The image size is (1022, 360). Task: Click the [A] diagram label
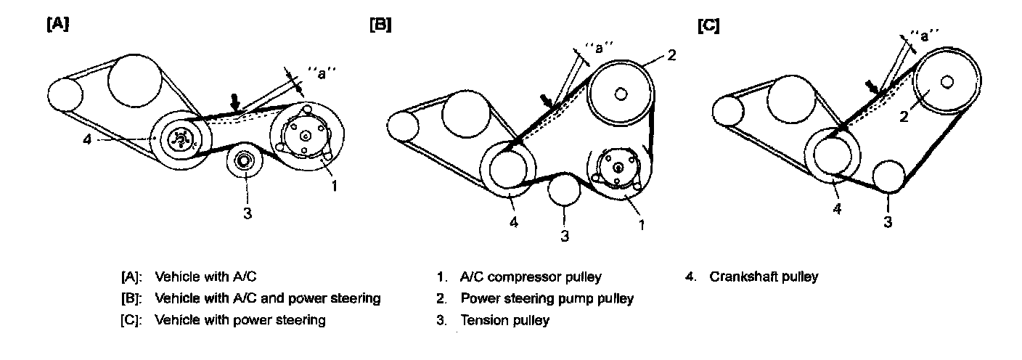coord(58,24)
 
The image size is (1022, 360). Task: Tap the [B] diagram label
coord(380,24)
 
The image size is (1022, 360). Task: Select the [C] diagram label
coord(708,25)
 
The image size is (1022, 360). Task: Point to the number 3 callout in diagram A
coord(248,213)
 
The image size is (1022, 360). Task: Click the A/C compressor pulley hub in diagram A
coord(306,135)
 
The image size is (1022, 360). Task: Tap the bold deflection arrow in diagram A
coord(235,102)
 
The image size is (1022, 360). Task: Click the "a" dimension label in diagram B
coord(599,47)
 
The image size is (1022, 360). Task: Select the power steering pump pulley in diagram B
coord(621,93)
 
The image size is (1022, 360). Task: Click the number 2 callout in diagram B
coord(671,55)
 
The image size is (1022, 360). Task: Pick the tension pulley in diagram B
coord(565,190)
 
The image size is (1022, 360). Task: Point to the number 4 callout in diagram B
coord(514,222)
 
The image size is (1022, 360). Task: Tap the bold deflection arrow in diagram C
coord(872,88)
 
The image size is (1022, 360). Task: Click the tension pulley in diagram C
coord(888,176)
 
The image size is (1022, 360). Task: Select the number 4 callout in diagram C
coord(837,209)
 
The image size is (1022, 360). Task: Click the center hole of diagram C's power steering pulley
coord(947,83)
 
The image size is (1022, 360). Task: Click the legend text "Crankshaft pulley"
coord(764,277)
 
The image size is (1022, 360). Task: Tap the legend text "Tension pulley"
coord(504,320)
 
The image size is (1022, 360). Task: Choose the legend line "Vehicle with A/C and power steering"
coord(267,298)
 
